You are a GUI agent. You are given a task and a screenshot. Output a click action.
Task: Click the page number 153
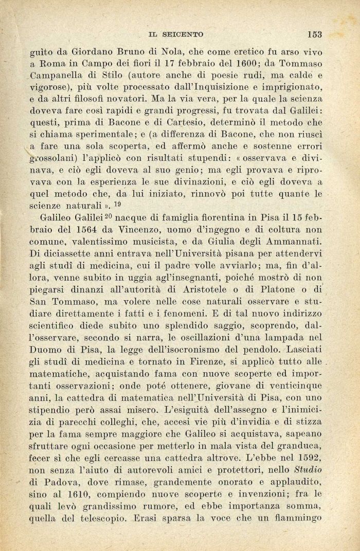click(314, 34)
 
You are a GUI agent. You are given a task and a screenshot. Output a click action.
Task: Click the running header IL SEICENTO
click(175, 34)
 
